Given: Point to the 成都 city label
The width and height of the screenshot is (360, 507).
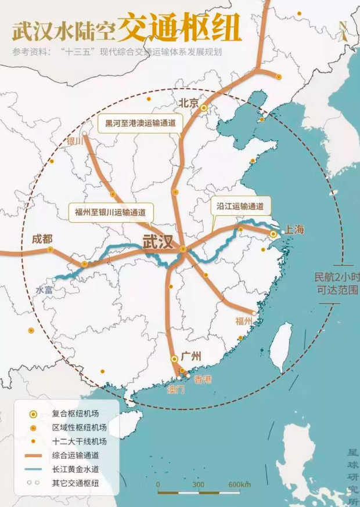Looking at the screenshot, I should coord(42,239).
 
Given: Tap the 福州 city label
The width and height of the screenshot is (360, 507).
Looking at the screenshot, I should coord(243,321).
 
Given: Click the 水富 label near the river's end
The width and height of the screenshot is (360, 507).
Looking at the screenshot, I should coord(44,289).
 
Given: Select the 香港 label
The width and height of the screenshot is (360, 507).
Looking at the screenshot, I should coord(203,379).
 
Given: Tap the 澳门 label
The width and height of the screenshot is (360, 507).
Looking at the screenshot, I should coord(175,389).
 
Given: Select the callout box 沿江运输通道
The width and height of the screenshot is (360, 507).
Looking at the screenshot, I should coord(240,206).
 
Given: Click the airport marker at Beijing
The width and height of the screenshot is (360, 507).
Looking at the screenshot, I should coord(204,107).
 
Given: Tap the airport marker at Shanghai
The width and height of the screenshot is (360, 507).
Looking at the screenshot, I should coord(273,233).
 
